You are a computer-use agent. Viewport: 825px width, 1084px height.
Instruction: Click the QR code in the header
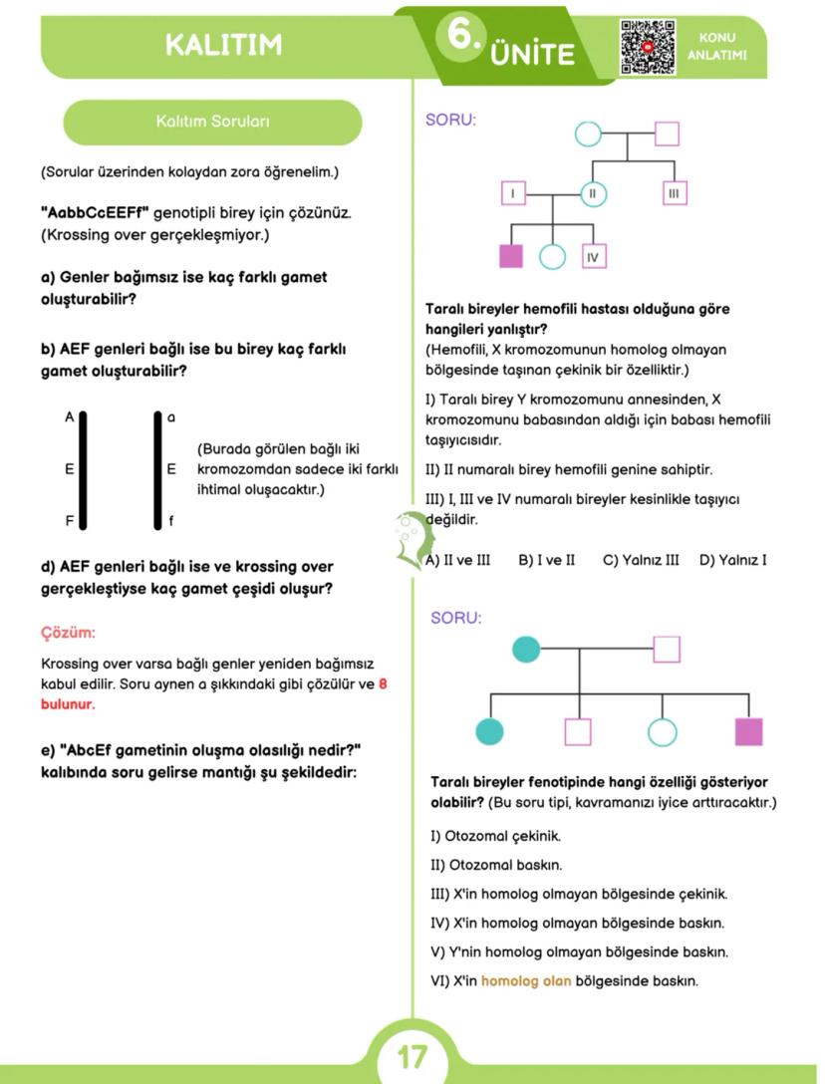tap(648, 47)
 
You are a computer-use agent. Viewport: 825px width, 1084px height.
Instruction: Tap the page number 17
tap(412, 1056)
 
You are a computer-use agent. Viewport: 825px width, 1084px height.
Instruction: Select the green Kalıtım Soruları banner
tap(212, 122)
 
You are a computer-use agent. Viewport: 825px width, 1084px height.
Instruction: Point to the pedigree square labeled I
tap(513, 193)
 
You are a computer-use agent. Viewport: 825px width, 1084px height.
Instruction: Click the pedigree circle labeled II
tap(593, 193)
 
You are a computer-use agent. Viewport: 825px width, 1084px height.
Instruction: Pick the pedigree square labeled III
tap(674, 193)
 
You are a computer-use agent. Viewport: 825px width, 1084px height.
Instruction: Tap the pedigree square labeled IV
tap(593, 256)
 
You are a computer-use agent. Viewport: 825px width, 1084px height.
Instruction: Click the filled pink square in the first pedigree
tap(511, 256)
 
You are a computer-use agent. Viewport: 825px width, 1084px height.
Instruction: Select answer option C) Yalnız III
tap(641, 560)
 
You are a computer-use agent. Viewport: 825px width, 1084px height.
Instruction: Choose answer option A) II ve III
tap(458, 560)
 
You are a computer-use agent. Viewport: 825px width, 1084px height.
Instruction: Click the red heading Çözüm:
tap(68, 633)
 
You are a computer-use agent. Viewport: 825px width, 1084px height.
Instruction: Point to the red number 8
tap(384, 684)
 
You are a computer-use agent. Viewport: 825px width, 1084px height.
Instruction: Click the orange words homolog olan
tap(526, 981)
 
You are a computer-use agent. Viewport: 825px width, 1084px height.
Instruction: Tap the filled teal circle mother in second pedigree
tap(525, 650)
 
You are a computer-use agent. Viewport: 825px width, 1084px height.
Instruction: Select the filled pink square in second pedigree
tap(748, 732)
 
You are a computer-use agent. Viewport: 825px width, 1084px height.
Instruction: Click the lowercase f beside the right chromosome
tap(171, 520)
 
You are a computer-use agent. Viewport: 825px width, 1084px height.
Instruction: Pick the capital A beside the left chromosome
tap(70, 417)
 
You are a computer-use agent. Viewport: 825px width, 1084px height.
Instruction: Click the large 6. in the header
tap(462, 36)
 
